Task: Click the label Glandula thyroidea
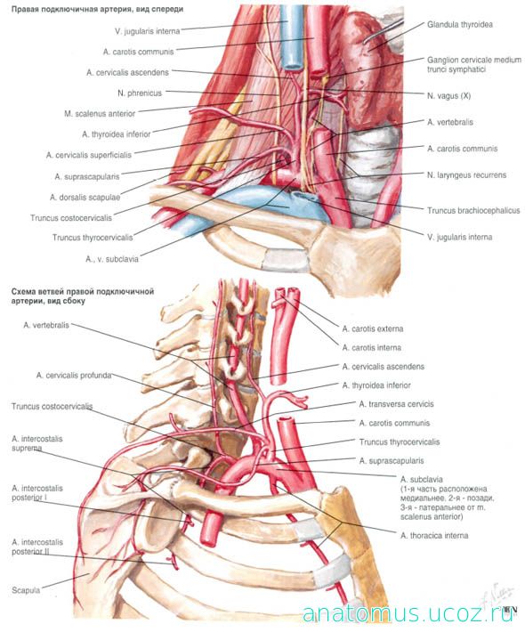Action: tap(460, 25)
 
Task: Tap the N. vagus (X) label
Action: tap(448, 96)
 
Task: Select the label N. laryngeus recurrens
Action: tap(466, 175)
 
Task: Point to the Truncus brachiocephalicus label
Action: tap(473, 210)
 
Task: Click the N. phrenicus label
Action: tap(140, 93)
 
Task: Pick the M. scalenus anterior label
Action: tap(100, 114)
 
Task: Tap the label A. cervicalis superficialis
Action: tap(89, 155)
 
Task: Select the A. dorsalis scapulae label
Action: tap(85, 198)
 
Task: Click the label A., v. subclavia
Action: tap(112, 259)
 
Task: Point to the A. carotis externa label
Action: tap(373, 328)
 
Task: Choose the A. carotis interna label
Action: tap(371, 347)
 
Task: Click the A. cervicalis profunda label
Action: tap(74, 376)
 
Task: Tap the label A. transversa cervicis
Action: tap(397, 404)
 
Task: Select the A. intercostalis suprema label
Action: tap(37, 443)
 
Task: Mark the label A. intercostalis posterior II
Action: tap(37, 547)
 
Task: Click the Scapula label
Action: tap(26, 590)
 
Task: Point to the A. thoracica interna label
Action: tap(434, 536)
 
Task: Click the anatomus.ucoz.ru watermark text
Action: tap(408, 614)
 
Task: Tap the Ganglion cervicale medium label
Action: tap(474, 60)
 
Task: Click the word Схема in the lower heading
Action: tap(23, 291)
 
